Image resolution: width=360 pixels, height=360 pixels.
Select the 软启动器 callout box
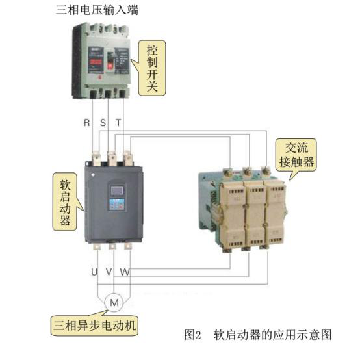tap(65, 201)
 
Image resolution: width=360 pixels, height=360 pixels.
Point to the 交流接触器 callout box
tap(296, 155)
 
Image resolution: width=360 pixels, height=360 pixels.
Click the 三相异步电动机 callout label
tap(97, 322)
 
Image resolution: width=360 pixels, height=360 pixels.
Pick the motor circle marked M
tap(114, 302)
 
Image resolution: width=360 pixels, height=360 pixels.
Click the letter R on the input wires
tap(87, 123)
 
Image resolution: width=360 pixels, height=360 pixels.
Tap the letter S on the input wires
tap(103, 123)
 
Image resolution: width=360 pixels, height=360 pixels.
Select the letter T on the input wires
tap(118, 123)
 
